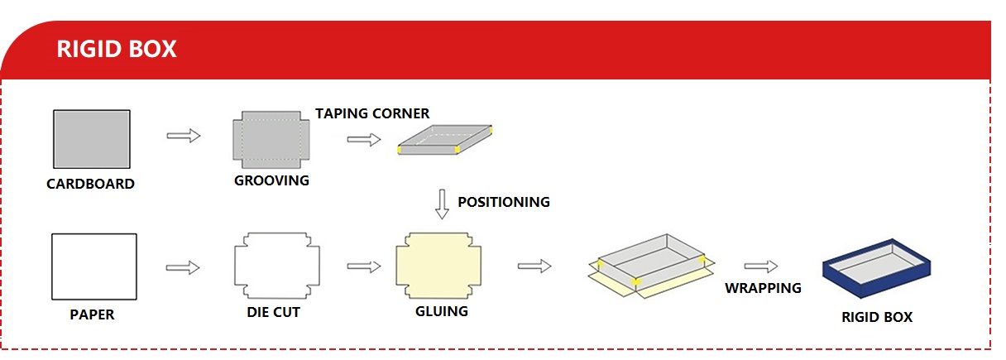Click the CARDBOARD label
tap(90, 184)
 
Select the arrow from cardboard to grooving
tap(184, 135)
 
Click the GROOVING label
tap(271, 180)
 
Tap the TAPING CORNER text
tap(372, 113)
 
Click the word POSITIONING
tap(504, 201)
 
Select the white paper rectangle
tap(93, 266)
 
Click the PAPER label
tap(92, 314)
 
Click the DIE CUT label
tap(273, 312)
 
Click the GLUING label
tap(441, 311)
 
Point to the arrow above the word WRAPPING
tap(761, 266)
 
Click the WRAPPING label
tap(763, 288)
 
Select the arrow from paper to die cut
tap(184, 267)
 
